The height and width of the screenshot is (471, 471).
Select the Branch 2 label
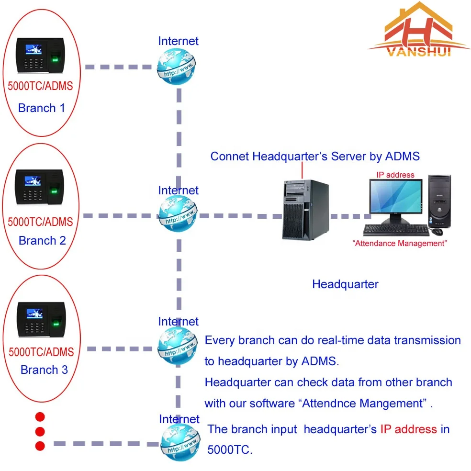[42, 240]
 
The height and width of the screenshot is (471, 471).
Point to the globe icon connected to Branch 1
[177, 67]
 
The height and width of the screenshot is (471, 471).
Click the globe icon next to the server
[178, 214]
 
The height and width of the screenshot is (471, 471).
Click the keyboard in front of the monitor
[395, 230]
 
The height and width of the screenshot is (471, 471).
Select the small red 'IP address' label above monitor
[395, 175]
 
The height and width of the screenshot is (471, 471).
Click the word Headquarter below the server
[345, 284]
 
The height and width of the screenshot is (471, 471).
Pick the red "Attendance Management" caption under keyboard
[399, 243]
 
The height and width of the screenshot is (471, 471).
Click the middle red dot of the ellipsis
[40, 431]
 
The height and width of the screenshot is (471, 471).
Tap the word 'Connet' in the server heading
[229, 156]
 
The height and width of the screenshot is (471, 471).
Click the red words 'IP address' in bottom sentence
[408, 429]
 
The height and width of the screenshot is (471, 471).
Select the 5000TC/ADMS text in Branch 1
[41, 86]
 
